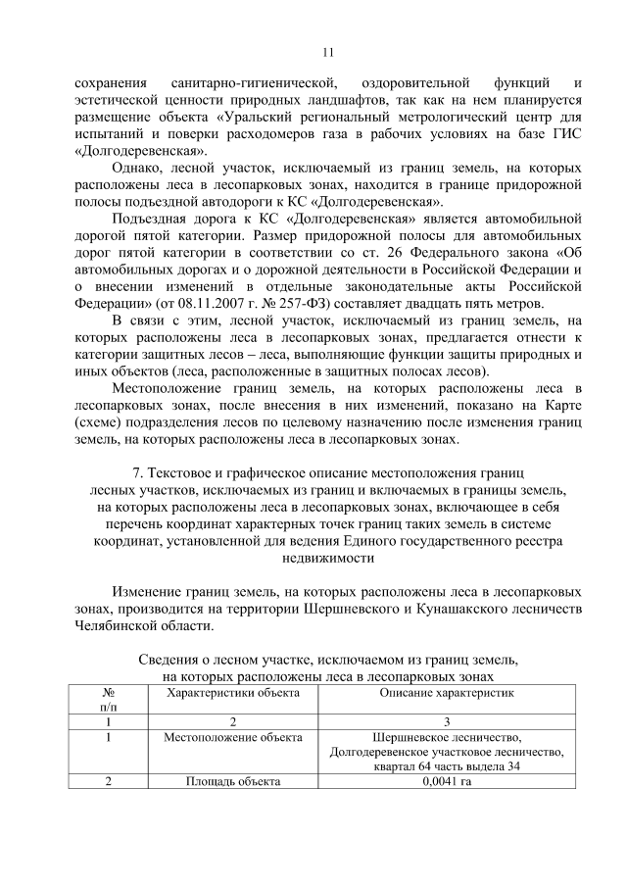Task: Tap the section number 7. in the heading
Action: pos(137,472)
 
